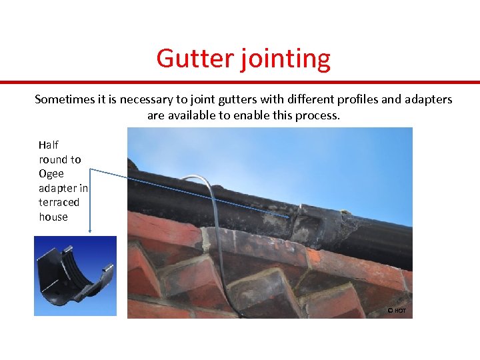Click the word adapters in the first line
click(x=427, y=100)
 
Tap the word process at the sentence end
click(x=317, y=116)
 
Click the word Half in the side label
click(x=49, y=145)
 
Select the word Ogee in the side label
click(x=51, y=173)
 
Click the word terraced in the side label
click(x=59, y=202)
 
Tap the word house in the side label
click(x=53, y=217)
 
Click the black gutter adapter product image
click(x=75, y=276)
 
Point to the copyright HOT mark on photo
click(x=397, y=311)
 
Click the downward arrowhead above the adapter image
click(x=90, y=231)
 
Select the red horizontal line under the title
click(x=240, y=83)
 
